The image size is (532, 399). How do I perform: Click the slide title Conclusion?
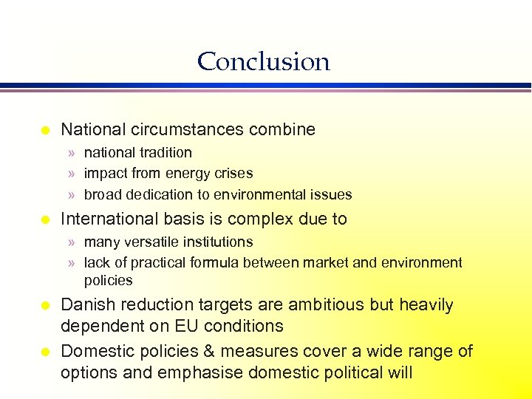click(x=263, y=61)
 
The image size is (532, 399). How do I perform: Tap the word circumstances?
click(x=188, y=130)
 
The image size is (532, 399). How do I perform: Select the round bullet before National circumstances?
click(x=45, y=131)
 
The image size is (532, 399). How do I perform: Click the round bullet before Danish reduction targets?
click(x=45, y=306)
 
